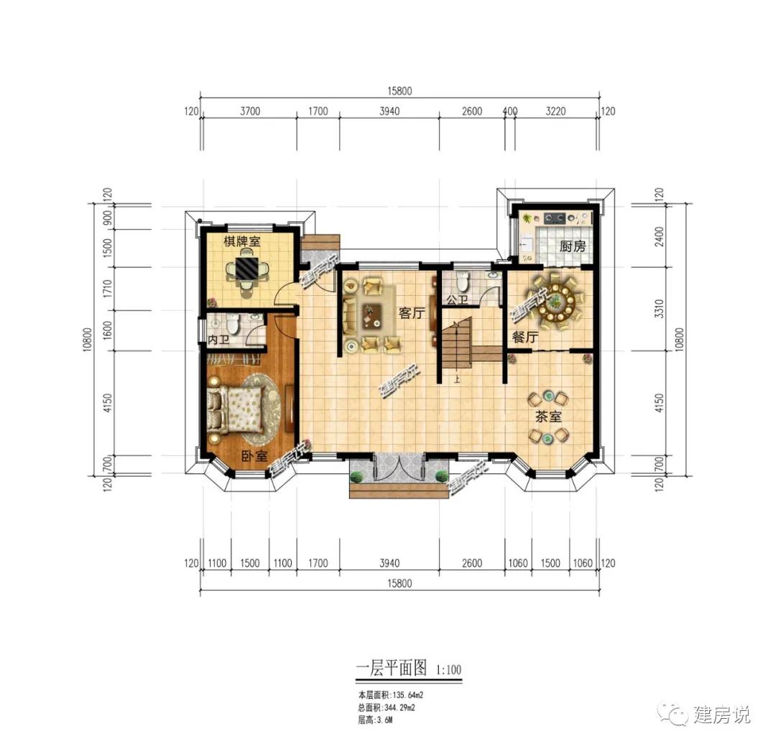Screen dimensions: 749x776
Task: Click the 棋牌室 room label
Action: coord(241,242)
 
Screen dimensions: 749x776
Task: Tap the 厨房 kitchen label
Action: coord(573,246)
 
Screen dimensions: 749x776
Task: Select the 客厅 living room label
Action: coord(410,313)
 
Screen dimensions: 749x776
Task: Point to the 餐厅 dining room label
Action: coord(525,336)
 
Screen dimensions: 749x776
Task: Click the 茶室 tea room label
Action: coord(547,416)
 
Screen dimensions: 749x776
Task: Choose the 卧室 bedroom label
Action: coord(254,455)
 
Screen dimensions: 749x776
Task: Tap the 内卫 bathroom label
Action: coord(218,338)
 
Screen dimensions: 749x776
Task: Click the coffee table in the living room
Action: coord(372,313)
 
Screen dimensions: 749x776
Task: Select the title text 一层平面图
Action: coord(392,669)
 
